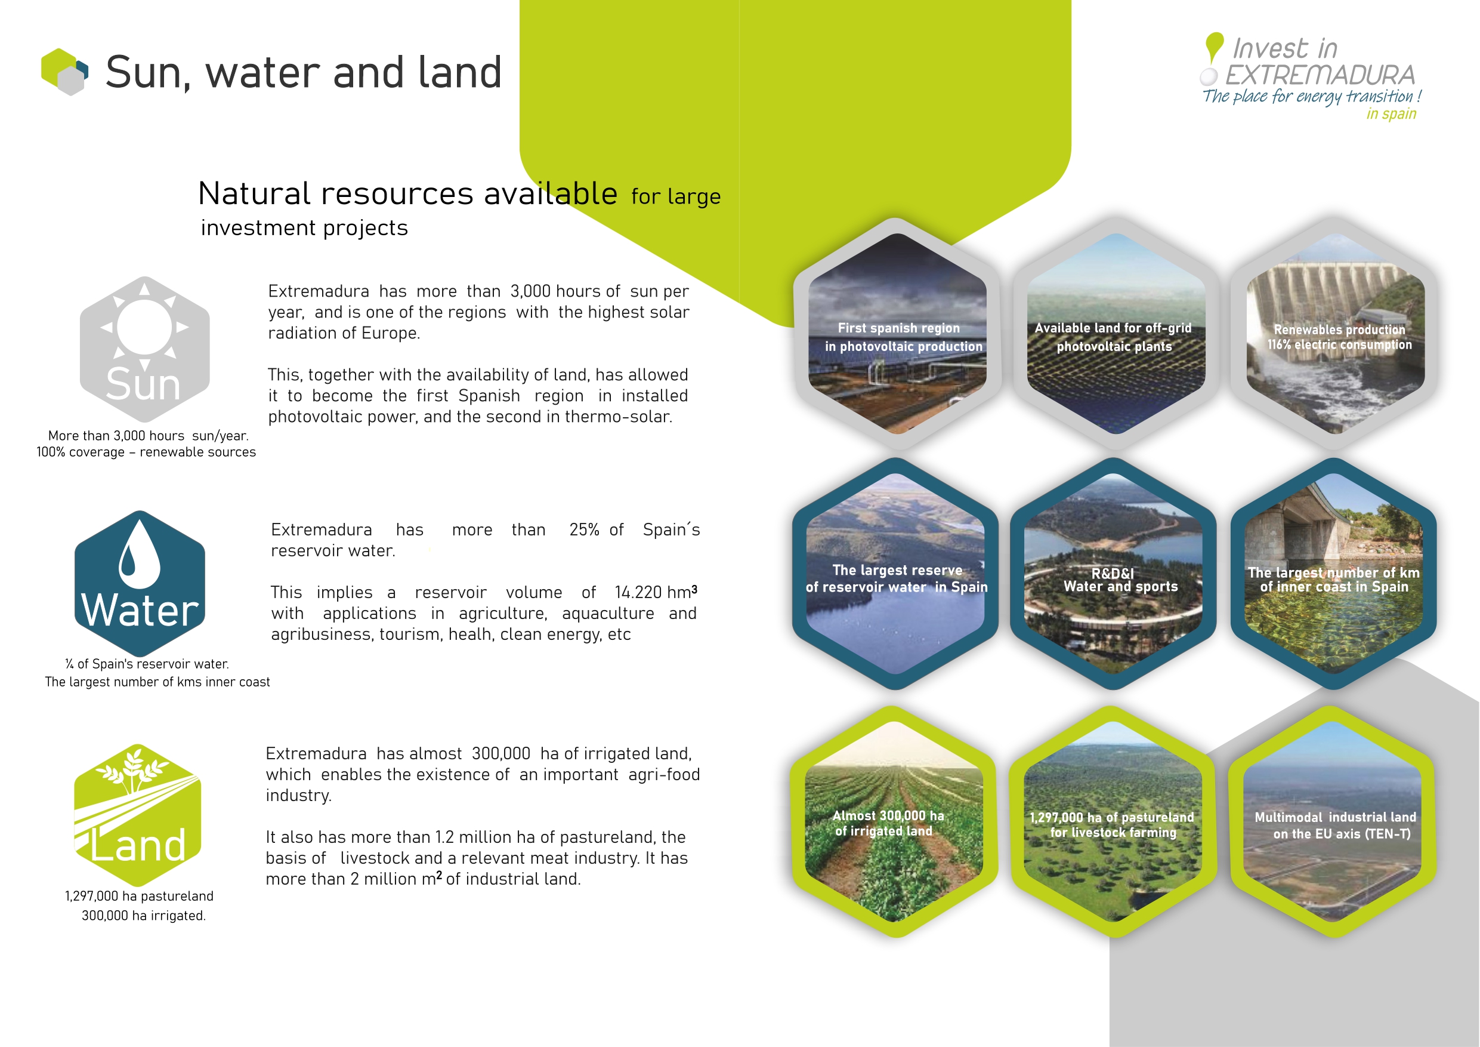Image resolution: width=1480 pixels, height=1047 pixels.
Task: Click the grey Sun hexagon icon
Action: pos(144,349)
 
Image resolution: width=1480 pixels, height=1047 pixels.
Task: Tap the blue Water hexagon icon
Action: pos(140,583)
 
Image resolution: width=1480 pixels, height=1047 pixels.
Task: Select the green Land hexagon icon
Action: pos(138,815)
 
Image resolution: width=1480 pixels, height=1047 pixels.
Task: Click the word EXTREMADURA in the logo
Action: pos(1320,75)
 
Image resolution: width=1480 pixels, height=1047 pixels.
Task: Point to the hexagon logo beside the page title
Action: pos(64,72)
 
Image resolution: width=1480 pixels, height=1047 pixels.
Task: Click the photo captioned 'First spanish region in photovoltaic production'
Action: pos(897,334)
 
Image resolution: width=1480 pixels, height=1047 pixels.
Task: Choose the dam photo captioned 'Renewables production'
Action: pos(1335,334)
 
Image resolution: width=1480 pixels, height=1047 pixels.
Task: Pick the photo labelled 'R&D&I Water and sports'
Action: pos(1113,574)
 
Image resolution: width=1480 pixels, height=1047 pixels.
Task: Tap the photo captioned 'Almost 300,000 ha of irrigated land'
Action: pos(894,821)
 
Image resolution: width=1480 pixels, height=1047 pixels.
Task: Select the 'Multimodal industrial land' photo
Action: pos(1333,821)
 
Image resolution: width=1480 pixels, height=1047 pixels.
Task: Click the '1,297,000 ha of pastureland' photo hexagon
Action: pos(1113,821)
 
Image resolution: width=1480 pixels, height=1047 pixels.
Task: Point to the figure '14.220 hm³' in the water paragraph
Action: pos(656,592)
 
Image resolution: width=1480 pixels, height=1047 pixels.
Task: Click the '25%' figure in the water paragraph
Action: pos(584,529)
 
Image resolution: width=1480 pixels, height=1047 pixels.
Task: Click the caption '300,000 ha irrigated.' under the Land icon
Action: pos(144,916)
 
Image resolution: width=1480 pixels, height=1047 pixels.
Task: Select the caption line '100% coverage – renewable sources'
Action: pos(146,452)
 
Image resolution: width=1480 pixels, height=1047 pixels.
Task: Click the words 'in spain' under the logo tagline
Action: pos(1391,114)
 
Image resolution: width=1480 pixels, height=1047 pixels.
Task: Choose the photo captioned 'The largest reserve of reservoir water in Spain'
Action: pos(895,574)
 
